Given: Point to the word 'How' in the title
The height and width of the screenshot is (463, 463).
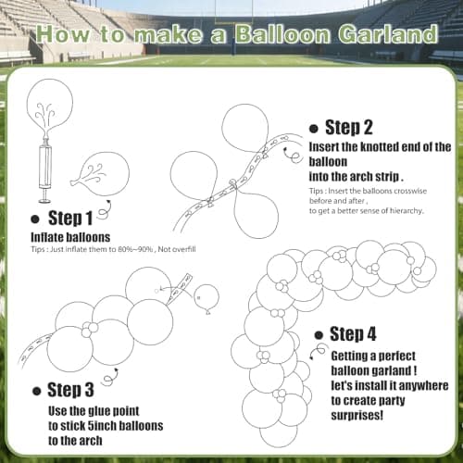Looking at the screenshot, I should pyautogui.click(x=61, y=35).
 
